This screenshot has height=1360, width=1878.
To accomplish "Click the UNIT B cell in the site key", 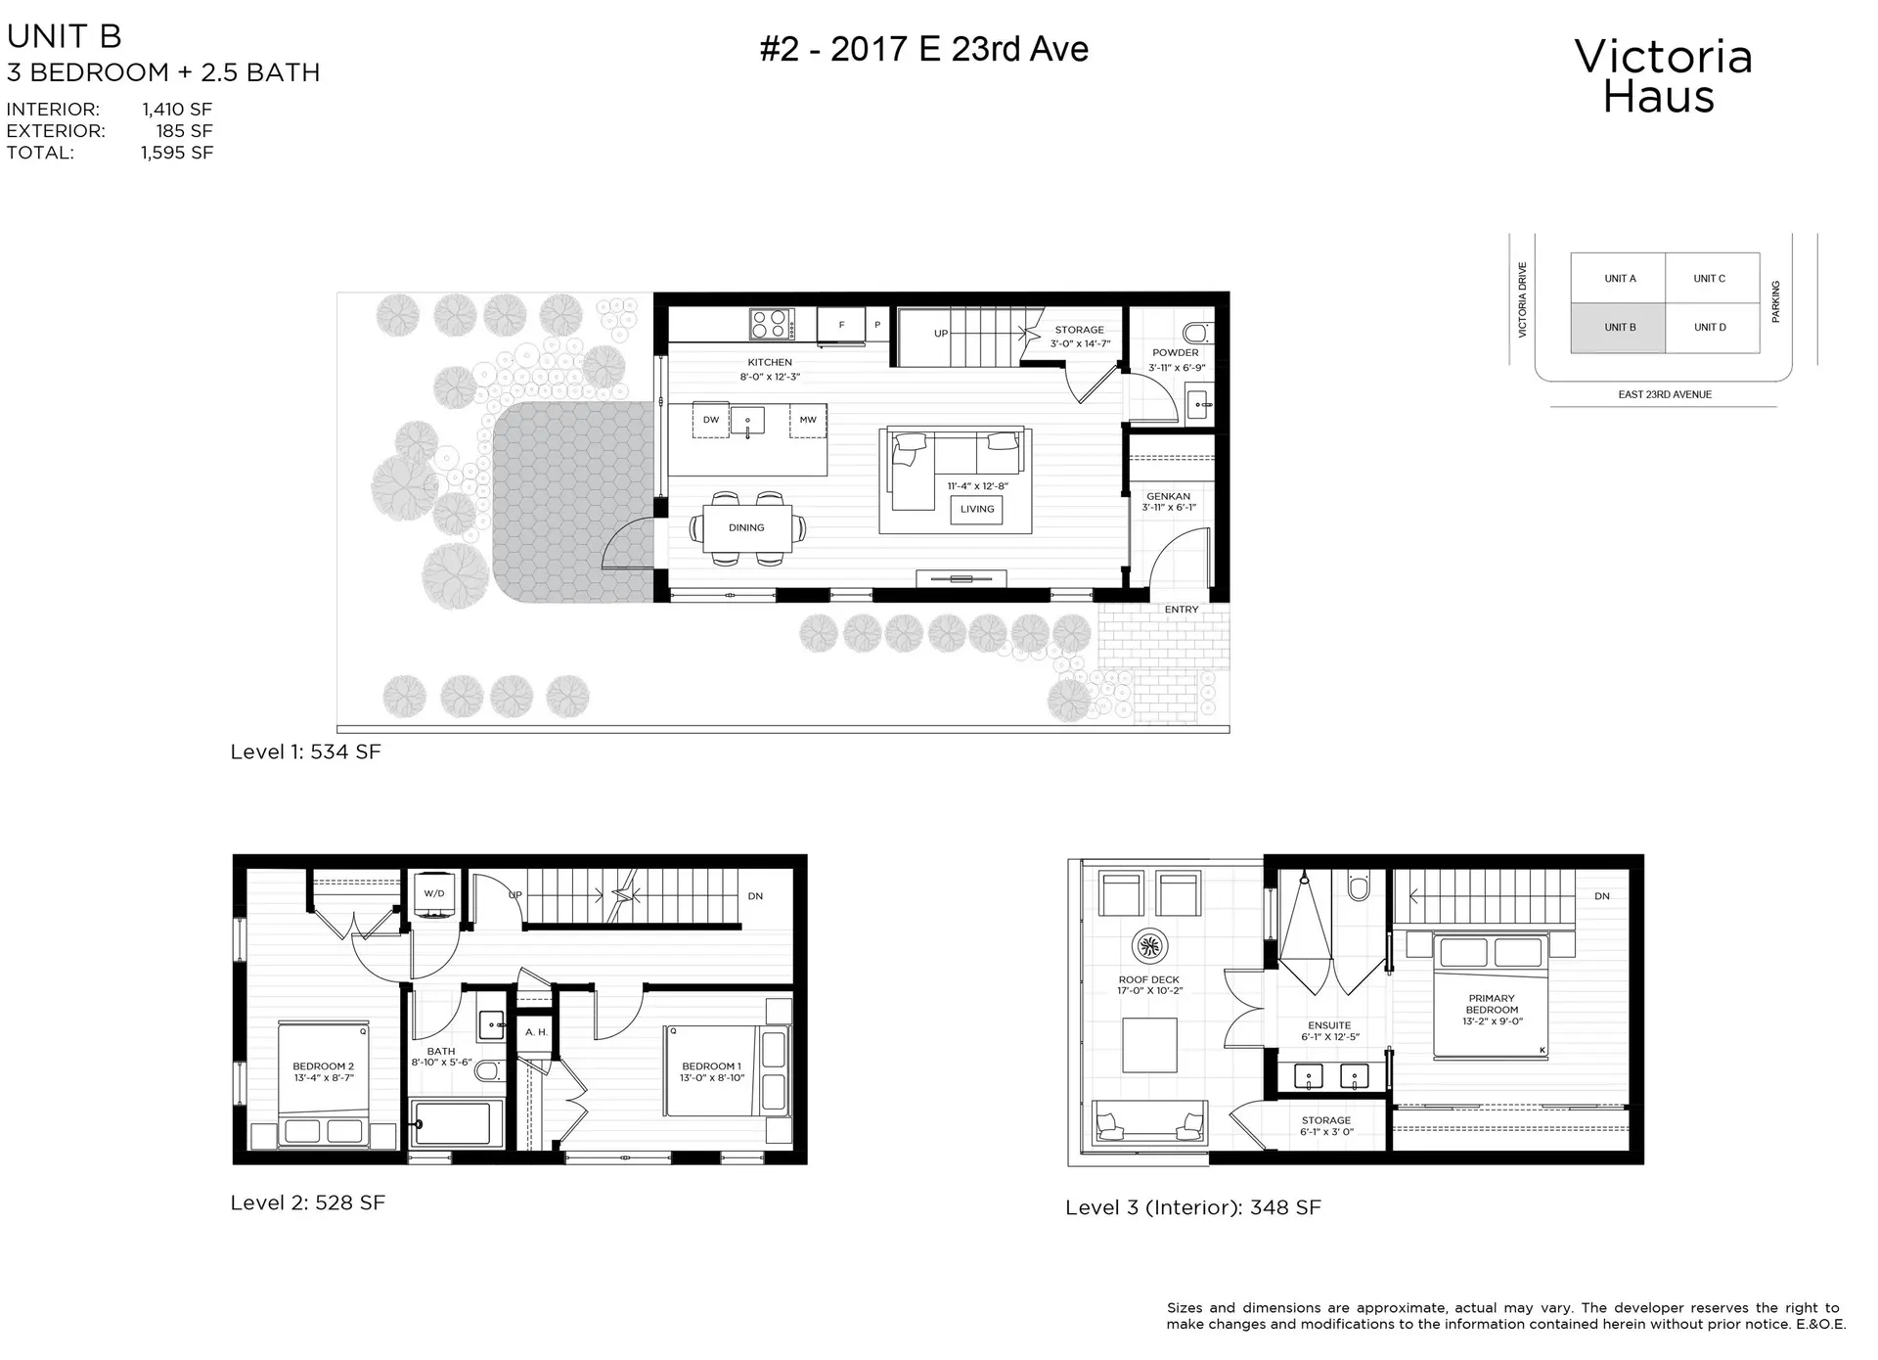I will click(x=1619, y=327).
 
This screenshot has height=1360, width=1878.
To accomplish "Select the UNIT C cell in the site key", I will click(x=1710, y=279).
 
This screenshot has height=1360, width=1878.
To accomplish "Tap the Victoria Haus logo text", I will click(x=1662, y=76).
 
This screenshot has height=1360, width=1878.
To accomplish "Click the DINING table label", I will click(x=746, y=527).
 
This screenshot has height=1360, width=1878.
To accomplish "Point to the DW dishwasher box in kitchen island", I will click(x=711, y=420).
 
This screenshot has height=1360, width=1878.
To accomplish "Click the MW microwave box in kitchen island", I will click(x=808, y=420).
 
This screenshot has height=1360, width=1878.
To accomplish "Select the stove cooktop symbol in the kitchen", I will click(x=772, y=324).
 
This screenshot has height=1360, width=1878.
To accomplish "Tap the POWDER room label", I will click(x=1175, y=353).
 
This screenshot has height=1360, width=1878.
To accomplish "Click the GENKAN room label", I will click(x=1168, y=497).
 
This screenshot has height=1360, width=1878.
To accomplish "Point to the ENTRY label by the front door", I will click(x=1181, y=610).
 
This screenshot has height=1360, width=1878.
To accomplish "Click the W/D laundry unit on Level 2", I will click(x=434, y=894).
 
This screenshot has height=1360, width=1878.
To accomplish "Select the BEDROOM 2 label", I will click(x=323, y=1066).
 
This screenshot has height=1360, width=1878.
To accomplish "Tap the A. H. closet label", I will click(x=535, y=1032).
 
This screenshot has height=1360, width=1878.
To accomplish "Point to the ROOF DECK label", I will click(x=1148, y=979).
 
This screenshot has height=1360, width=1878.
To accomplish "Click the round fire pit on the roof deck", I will click(x=1148, y=946).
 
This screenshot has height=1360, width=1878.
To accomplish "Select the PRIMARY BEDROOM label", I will click(x=1492, y=1004).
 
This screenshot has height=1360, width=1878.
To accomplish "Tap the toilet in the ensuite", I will click(x=1359, y=886).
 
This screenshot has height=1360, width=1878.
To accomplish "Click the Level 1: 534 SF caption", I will click(x=305, y=751).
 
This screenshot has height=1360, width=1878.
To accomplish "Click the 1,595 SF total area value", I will click(x=177, y=153).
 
